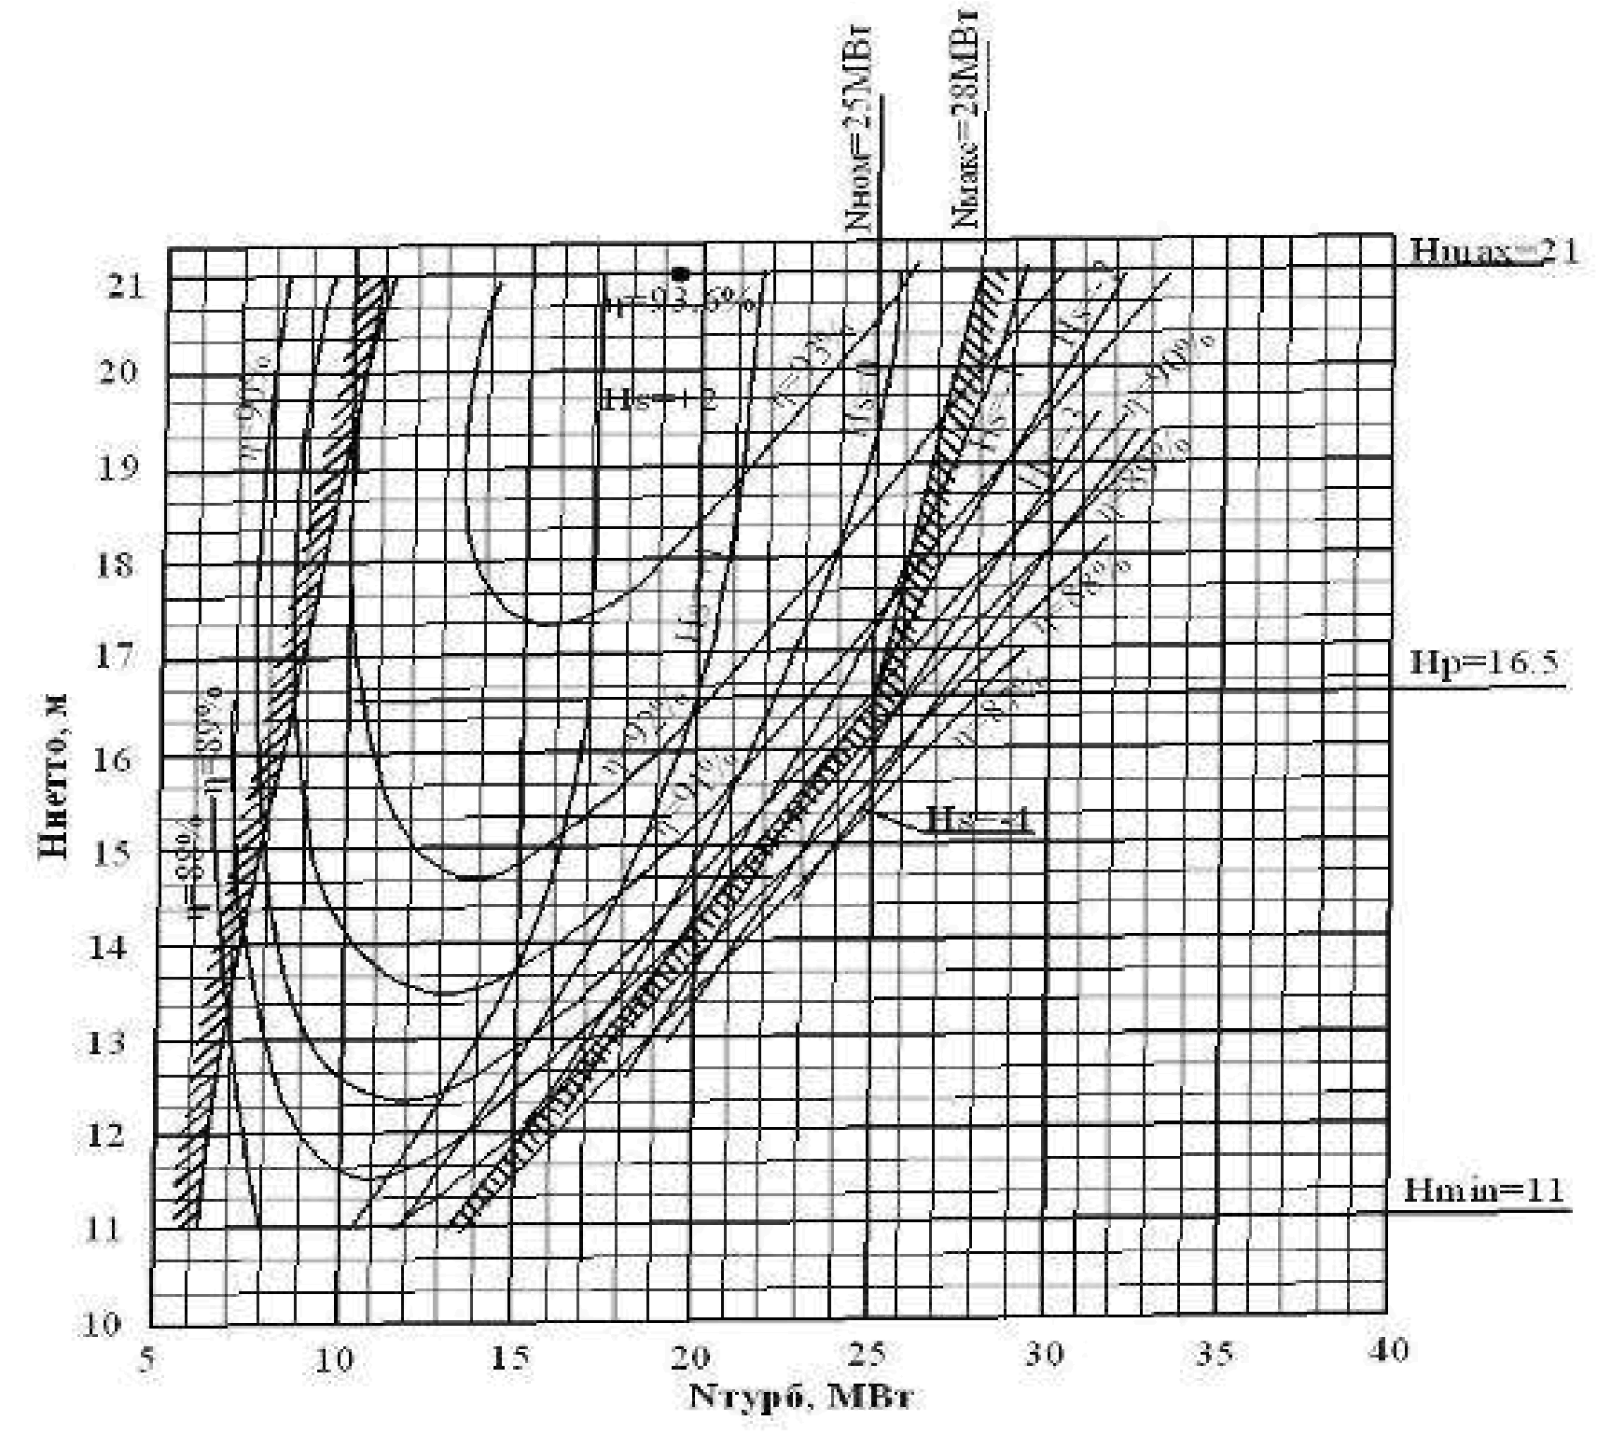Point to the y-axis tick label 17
point(118,655)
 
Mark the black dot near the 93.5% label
point(681,273)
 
